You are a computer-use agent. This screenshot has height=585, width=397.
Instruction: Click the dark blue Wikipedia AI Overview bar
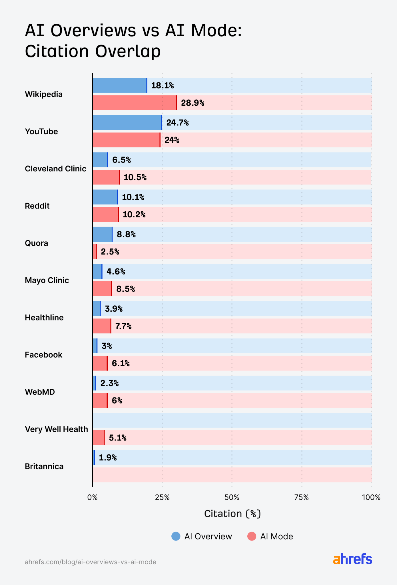120,85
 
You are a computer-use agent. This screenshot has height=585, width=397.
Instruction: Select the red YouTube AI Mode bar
126,140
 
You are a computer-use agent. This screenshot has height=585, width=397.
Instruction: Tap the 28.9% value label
193,103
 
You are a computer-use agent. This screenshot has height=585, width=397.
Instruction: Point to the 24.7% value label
177,123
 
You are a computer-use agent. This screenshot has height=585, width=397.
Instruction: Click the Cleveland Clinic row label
55,169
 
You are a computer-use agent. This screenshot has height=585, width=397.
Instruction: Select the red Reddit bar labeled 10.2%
105,215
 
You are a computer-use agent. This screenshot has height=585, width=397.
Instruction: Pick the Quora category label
36,243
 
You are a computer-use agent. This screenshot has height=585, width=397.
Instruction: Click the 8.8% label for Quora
126,235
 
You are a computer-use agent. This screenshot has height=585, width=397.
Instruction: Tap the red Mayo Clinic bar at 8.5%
102,289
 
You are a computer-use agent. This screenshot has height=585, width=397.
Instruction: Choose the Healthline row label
44,318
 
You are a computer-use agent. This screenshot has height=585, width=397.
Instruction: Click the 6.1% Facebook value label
121,363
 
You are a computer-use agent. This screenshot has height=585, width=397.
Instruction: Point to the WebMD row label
40,392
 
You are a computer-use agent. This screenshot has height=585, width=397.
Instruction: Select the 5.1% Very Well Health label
117,438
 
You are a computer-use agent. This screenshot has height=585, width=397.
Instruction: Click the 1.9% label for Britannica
108,458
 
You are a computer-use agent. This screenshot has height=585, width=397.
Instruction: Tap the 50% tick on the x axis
232,498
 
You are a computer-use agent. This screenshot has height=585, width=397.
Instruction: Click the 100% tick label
371,498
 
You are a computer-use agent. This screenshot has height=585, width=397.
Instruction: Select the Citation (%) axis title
232,514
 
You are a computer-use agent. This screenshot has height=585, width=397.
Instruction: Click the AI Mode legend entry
270,536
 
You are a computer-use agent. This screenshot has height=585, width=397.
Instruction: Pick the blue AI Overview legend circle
176,536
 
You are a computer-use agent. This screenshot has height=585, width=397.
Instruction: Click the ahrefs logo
352,559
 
